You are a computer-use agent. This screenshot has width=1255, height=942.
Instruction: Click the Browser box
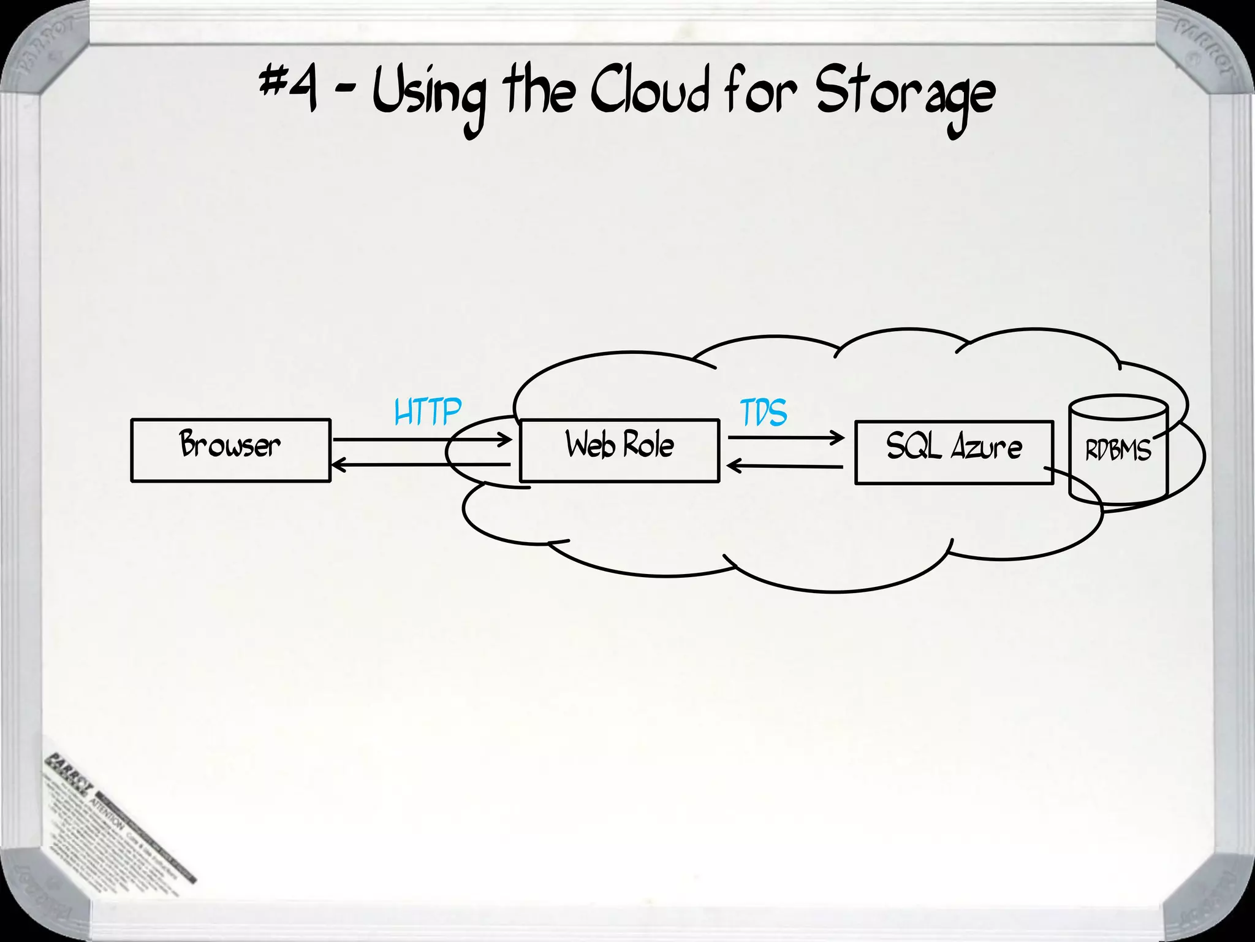click(230, 450)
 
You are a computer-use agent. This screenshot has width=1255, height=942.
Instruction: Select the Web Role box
click(619, 451)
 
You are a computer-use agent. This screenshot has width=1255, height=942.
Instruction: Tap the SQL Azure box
click(954, 453)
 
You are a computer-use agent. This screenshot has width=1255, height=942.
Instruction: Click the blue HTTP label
click(427, 412)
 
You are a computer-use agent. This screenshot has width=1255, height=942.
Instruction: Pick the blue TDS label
click(764, 413)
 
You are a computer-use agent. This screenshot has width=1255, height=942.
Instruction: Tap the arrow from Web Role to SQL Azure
click(786, 438)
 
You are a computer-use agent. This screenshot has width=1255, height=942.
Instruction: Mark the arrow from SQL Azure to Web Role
click(786, 467)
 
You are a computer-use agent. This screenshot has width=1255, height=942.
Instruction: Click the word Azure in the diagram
click(986, 446)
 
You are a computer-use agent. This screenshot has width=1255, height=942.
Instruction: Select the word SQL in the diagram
click(914, 446)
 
